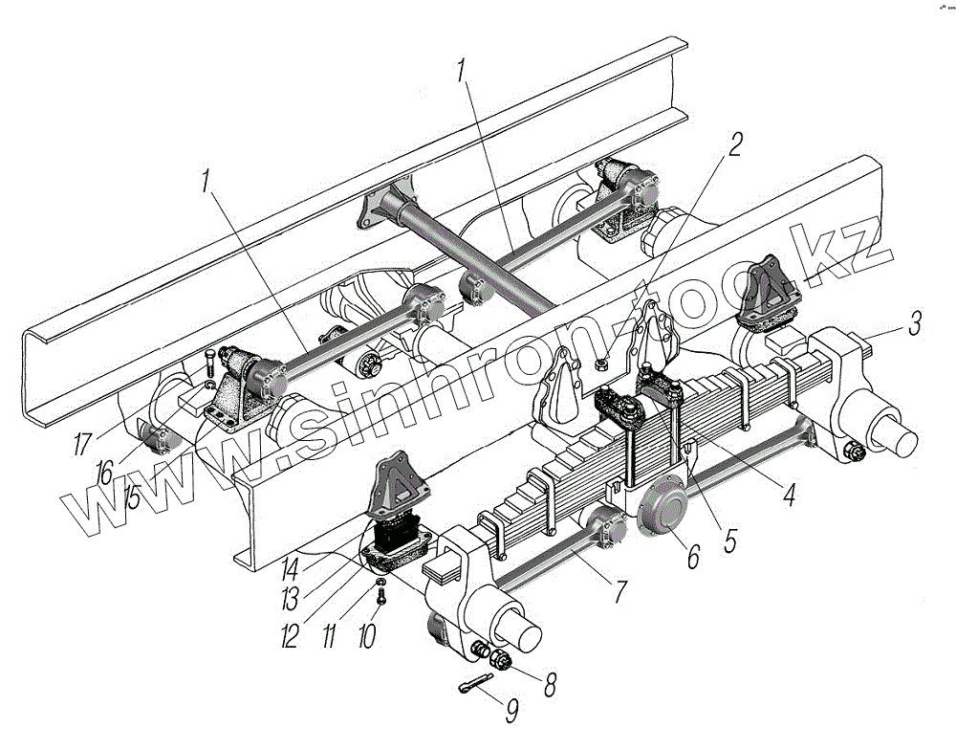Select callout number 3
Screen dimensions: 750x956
pyautogui.click(x=915, y=323)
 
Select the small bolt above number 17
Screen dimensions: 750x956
pyautogui.click(x=209, y=364)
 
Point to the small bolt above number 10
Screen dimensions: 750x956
pyautogui.click(x=381, y=597)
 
